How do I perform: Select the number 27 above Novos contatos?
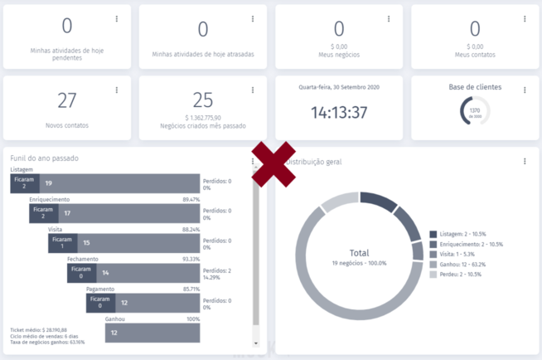point(67,101)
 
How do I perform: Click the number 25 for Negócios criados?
point(203,101)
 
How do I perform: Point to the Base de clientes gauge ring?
point(475,111)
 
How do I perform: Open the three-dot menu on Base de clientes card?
point(525,90)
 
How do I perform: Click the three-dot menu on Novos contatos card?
point(117,90)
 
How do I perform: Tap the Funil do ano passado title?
point(45,158)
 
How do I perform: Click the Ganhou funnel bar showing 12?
point(152,333)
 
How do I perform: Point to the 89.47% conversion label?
point(191,200)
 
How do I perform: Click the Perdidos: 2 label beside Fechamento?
point(217,270)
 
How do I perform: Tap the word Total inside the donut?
point(359,253)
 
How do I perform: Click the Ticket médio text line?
point(38,328)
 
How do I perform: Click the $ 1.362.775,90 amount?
point(203,118)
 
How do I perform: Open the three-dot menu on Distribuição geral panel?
point(525,162)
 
